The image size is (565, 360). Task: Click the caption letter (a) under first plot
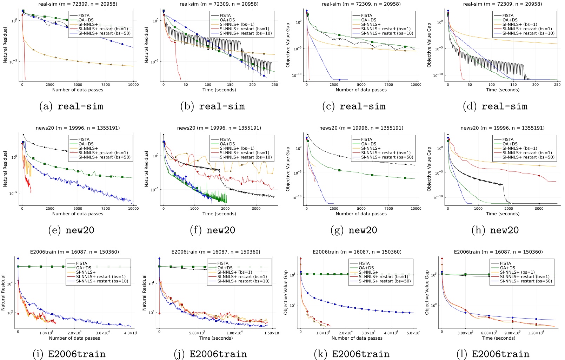tap(46, 106)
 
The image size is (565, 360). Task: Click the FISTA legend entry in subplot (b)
tap(225, 15)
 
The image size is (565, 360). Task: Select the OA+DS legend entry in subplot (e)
tap(86, 144)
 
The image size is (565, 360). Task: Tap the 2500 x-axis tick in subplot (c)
tap(334, 85)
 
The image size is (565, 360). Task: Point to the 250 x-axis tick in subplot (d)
tap(557, 85)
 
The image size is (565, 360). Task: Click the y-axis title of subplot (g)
tap(288, 169)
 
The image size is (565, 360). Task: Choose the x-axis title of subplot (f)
tap(217, 214)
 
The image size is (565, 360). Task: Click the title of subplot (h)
tap(502, 128)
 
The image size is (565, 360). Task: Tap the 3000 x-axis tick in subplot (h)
tap(539, 209)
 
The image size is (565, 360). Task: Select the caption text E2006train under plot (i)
tap(77, 354)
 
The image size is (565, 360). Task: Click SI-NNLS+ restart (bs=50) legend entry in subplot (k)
tap(384, 281)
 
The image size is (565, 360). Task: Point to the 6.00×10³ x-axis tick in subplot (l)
tap(488, 333)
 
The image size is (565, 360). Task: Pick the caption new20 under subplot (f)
tap(221, 230)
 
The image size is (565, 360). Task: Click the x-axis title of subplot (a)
tap(78, 90)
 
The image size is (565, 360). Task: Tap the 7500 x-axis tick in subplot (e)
tap(105, 209)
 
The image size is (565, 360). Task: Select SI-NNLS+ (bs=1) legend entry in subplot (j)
tap(234, 272)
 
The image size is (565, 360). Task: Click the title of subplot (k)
tap(357, 252)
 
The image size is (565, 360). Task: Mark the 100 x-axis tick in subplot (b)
tap(208, 85)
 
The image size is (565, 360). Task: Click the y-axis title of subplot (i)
tap(4, 293)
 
